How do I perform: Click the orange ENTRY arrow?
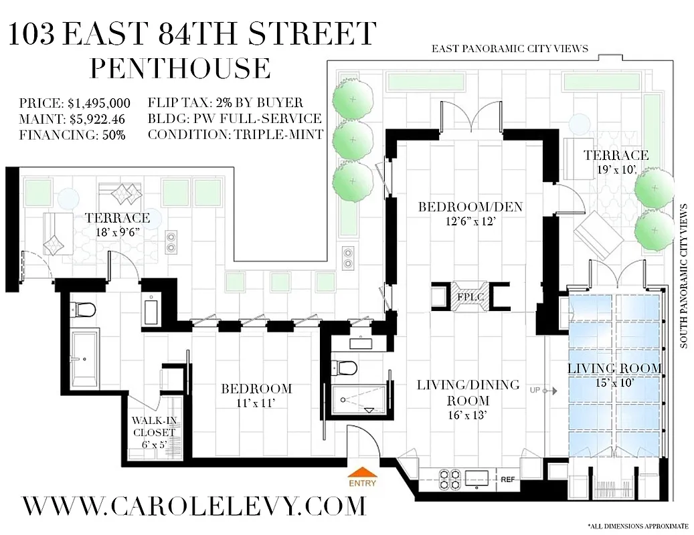361,473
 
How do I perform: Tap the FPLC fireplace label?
466,295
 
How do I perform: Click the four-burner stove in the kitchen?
448,479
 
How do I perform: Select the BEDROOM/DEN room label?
470,207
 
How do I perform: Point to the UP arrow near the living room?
539,390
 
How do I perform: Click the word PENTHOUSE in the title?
181,69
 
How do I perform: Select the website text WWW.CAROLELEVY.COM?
194,505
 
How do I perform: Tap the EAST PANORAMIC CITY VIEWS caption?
510,48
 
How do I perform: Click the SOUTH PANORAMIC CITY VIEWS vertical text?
684,276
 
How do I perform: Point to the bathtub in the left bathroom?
85,356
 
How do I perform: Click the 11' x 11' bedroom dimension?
256,403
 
